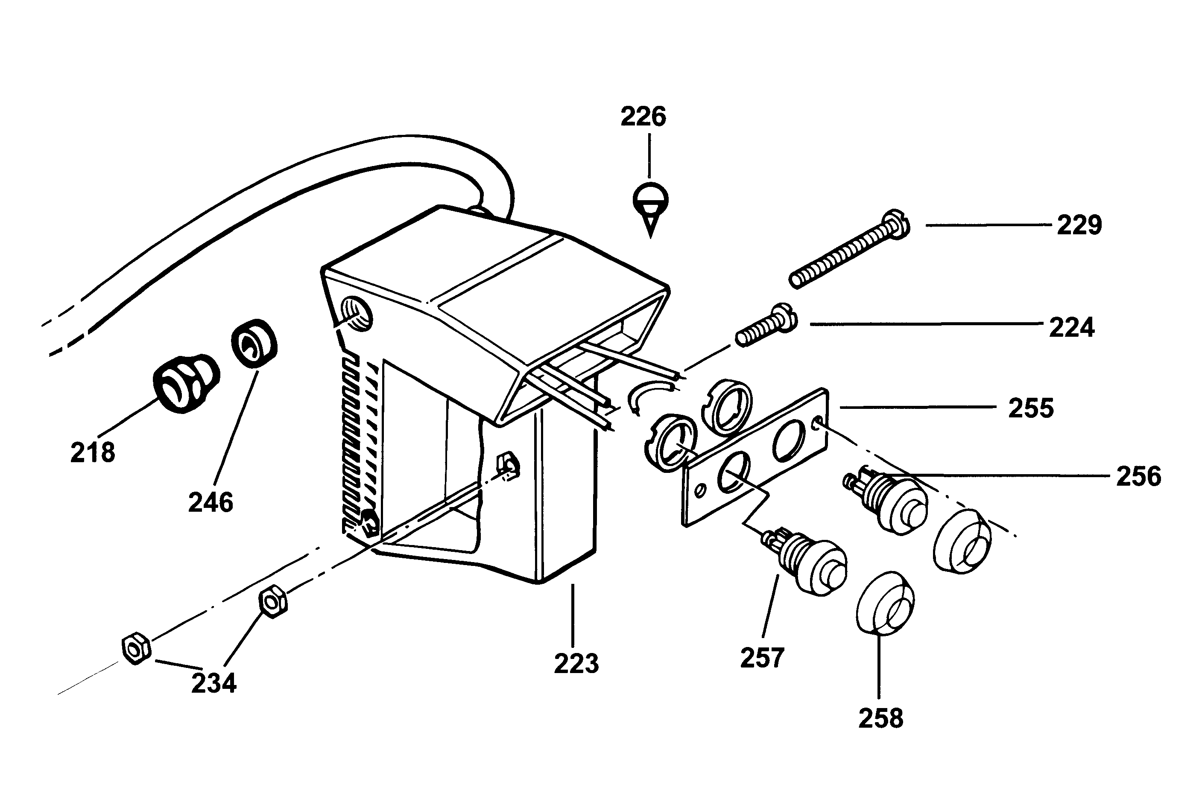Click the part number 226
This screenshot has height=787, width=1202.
(643, 117)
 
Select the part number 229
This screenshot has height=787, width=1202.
(1079, 225)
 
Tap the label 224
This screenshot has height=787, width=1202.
(1072, 328)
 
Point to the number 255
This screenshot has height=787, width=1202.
(1031, 408)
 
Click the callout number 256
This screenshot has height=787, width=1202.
(1139, 477)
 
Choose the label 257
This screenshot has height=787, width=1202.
(762, 658)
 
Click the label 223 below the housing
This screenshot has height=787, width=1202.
(576, 664)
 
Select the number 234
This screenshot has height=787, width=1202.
(213, 684)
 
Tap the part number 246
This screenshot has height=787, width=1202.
(211, 503)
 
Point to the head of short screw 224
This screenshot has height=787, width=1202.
(784, 318)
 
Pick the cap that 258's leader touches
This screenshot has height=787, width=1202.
(885, 603)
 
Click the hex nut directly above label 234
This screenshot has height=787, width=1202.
(273, 601)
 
